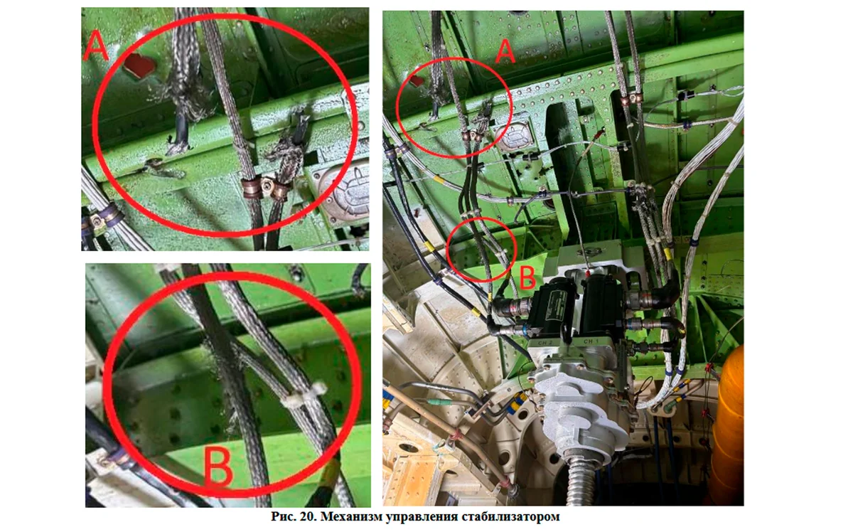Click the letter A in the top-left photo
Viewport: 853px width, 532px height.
96,44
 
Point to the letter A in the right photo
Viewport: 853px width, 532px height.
505,52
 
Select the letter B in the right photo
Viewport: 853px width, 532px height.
527,277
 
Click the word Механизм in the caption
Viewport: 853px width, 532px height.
353,516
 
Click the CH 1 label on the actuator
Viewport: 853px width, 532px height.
590,341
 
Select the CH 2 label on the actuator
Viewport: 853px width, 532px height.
545,343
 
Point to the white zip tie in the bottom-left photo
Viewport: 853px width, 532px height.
304,396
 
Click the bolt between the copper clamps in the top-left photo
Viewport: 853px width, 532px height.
269,185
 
